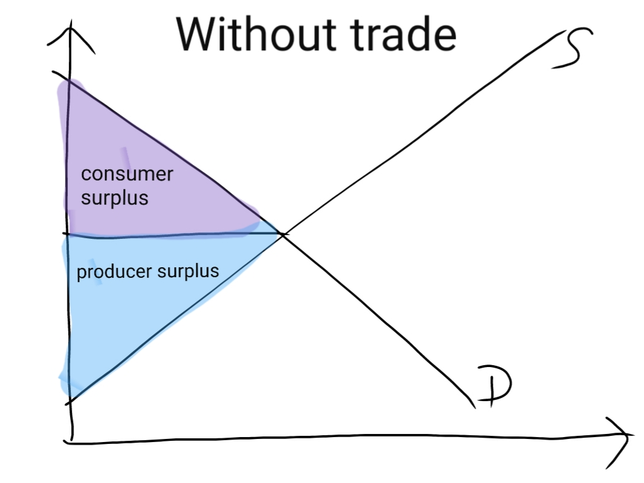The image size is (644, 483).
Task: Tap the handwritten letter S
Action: [x=570, y=50]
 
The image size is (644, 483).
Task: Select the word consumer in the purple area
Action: [x=127, y=174]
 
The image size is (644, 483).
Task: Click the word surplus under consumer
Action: [x=115, y=198]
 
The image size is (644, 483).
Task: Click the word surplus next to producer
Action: [x=186, y=272]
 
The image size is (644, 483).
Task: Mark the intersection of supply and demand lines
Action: [x=283, y=234]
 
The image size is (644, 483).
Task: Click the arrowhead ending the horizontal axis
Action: [x=623, y=434]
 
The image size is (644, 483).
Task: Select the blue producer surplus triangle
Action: [x=124, y=310]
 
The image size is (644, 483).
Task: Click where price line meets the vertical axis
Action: [x=67, y=234]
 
